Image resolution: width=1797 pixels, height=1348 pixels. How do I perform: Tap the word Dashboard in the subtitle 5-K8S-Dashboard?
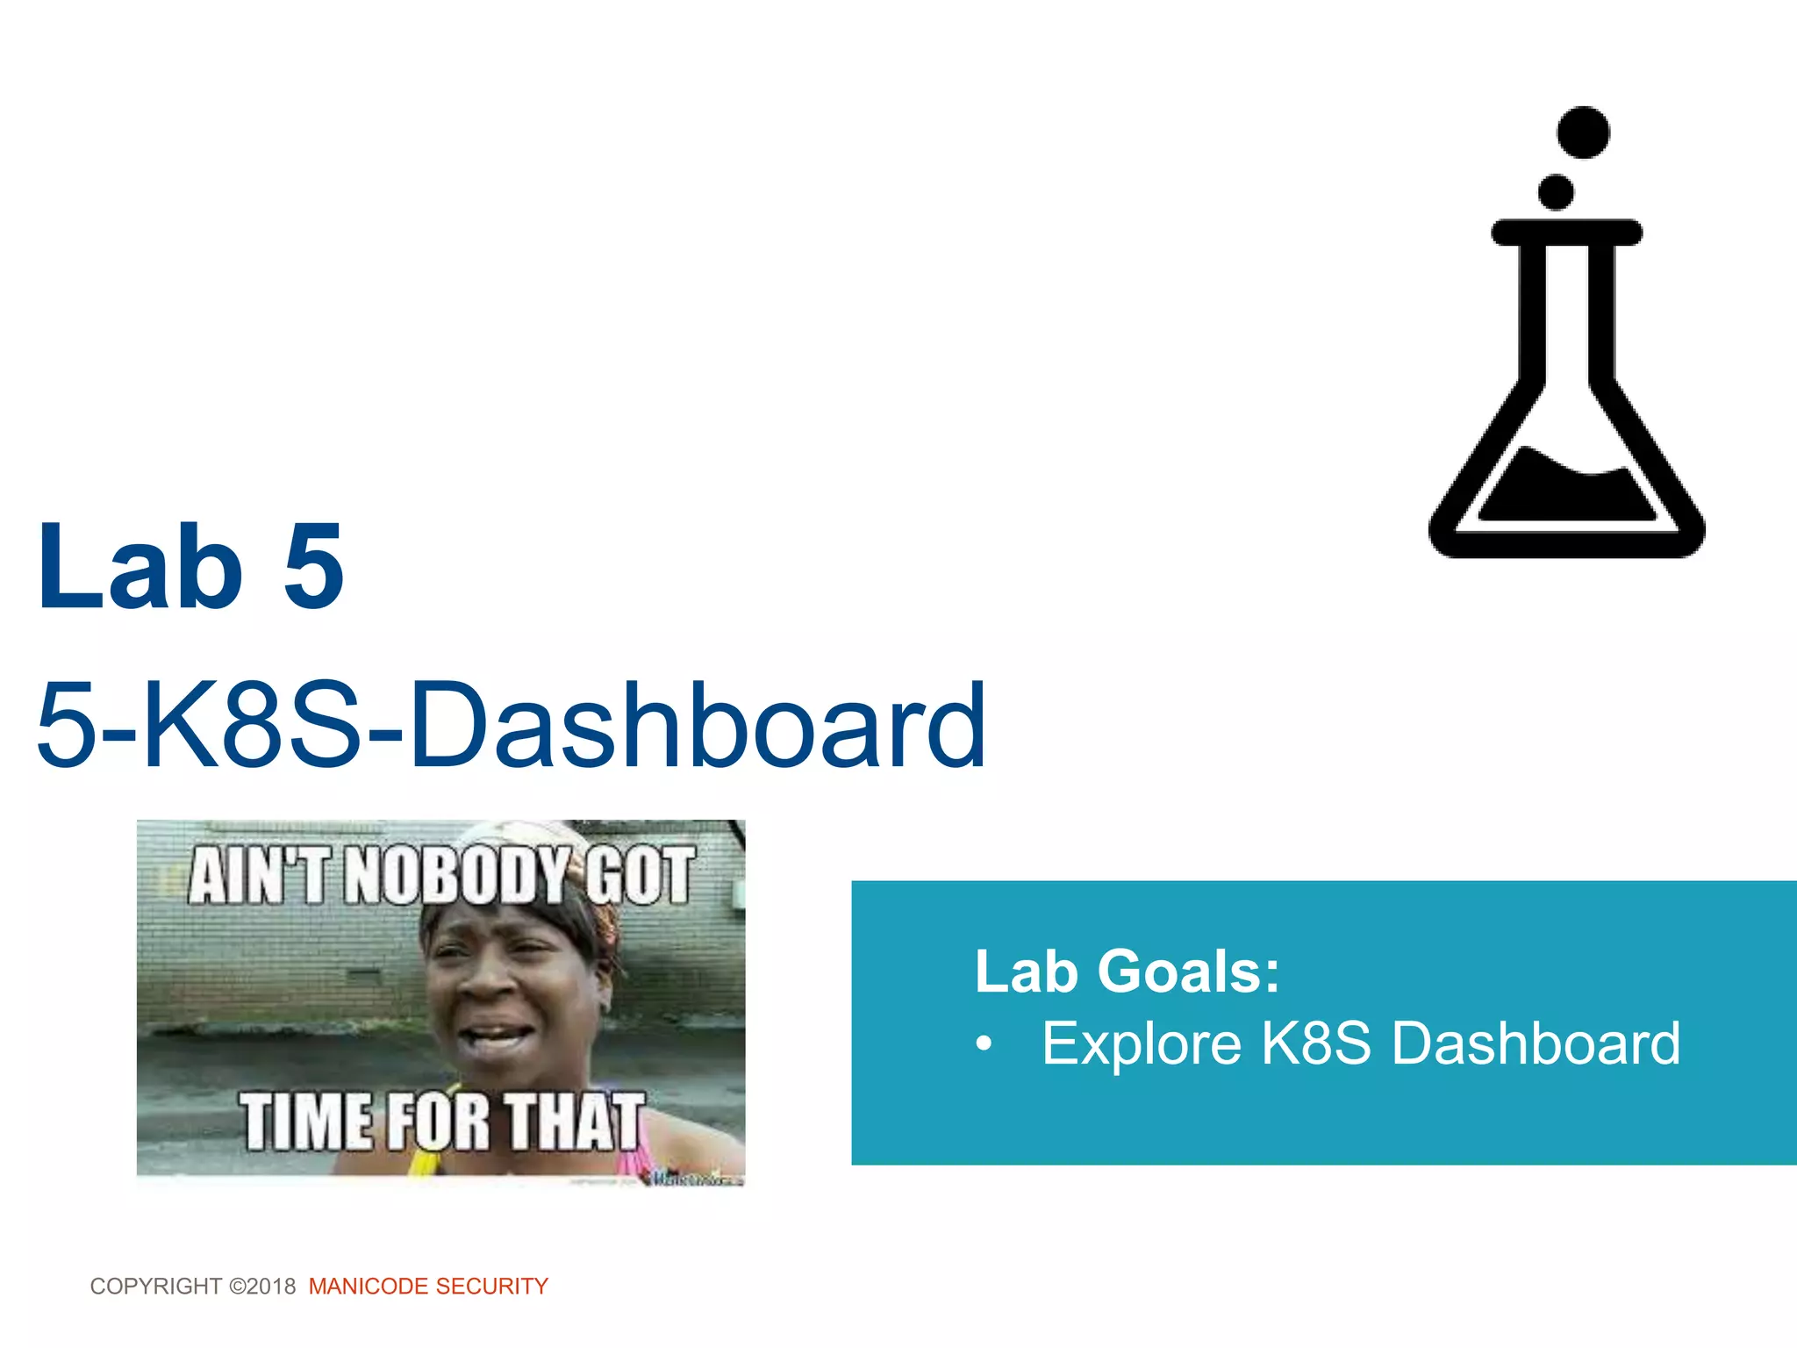coord(698,726)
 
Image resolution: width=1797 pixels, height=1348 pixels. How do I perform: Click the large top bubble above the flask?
coord(1583,133)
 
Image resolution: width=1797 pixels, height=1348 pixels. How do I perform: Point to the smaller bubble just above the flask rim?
coord(1557,191)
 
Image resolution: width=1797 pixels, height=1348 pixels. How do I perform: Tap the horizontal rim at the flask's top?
coord(1567,233)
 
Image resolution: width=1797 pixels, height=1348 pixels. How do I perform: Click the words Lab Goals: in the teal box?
coord(1127,972)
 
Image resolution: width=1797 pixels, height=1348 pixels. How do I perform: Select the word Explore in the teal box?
coord(1141,1044)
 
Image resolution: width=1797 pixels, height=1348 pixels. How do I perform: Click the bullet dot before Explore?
coord(984,1044)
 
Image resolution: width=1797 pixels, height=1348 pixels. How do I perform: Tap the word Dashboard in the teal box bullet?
coord(1536,1044)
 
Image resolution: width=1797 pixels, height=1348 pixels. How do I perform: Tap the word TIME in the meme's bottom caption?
coord(306,1122)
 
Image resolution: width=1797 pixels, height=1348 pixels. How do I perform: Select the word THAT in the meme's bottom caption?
coord(575,1122)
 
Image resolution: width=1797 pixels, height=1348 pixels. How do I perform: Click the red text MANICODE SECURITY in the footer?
coord(428,1287)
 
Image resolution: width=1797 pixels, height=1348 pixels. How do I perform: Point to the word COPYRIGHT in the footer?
coord(155,1287)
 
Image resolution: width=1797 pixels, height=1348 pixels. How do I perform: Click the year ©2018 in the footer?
coord(262,1287)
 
